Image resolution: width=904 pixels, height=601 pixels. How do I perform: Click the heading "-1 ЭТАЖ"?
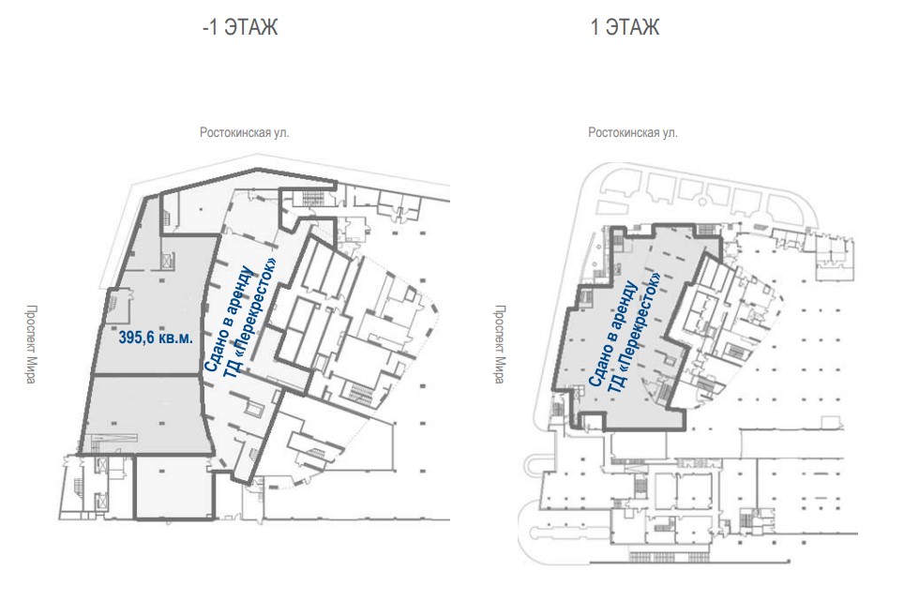[240, 27]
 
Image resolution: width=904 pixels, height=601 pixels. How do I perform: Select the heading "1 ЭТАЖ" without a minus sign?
[625, 27]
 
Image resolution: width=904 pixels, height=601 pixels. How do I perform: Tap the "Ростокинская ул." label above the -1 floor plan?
[245, 132]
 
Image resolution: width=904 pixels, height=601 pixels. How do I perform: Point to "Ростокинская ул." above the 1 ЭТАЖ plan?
[632, 132]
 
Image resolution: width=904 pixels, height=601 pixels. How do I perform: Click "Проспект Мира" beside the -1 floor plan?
[31, 344]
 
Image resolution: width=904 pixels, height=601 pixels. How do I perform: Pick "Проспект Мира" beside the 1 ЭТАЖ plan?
[499, 344]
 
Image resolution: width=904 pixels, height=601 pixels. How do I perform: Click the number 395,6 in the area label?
[134, 338]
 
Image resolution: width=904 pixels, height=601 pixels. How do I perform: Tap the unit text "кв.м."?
[173, 338]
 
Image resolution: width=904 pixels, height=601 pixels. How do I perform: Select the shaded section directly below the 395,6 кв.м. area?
[146, 414]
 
